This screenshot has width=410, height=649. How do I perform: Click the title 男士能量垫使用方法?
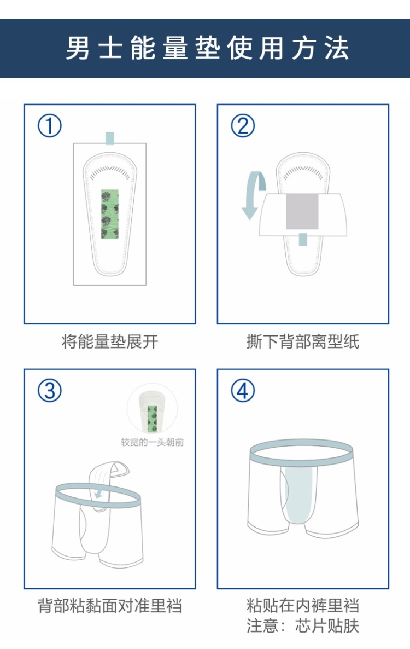point(208,48)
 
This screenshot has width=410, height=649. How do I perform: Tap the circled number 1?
point(50,126)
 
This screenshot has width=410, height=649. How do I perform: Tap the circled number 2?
point(243,126)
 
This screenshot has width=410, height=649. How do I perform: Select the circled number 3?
point(50,391)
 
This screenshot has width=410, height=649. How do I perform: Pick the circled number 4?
point(243,391)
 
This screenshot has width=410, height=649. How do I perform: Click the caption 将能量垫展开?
point(110,342)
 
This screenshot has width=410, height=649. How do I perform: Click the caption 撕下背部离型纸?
point(303,342)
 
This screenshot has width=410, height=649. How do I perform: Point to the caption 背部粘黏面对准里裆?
point(110,606)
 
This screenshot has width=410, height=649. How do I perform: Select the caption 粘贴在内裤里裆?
point(303,606)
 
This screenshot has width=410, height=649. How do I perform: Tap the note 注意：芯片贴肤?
point(303,626)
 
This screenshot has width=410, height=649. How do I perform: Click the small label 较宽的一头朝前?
point(152,442)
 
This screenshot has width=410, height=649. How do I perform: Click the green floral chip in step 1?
point(110,215)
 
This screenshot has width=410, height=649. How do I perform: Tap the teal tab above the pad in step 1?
point(109,138)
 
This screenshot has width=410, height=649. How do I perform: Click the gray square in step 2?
point(302,211)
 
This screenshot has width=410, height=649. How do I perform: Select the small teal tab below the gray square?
point(303,239)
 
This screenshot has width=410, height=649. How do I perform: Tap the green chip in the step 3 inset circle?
point(153,418)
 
